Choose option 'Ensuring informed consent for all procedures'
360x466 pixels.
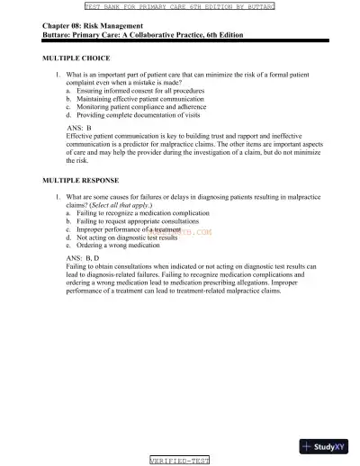(x=139, y=92)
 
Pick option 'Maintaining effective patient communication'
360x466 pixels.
(x=139, y=100)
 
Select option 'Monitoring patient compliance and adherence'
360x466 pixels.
(x=139, y=108)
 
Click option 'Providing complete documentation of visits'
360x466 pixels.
(x=136, y=116)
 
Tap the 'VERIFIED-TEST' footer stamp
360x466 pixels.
(x=179, y=460)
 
